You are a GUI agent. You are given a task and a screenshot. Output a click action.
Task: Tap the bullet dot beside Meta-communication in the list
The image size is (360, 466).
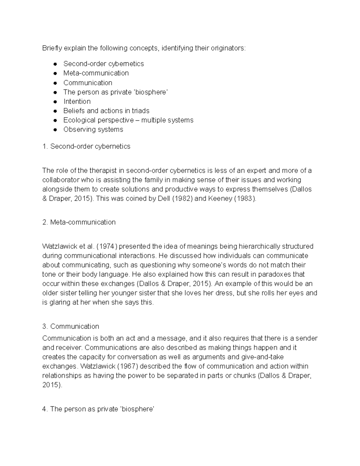pyautogui.click(x=55, y=74)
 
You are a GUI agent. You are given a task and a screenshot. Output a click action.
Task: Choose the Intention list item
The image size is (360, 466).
pyautogui.click(x=77, y=101)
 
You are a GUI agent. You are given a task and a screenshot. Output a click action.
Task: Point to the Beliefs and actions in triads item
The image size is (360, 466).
pyautogui.click(x=106, y=111)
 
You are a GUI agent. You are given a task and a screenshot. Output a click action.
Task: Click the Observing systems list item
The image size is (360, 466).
pyautogui.click(x=93, y=129)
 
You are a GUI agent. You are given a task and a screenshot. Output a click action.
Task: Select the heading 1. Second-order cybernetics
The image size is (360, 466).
pyautogui.click(x=86, y=146)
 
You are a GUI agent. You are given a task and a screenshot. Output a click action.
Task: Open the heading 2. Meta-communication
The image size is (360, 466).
pyautogui.click(x=79, y=222)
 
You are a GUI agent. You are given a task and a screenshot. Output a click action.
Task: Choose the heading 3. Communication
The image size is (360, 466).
pyautogui.click(x=71, y=326)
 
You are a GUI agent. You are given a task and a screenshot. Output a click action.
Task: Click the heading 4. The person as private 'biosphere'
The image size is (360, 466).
pyautogui.click(x=98, y=409)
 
